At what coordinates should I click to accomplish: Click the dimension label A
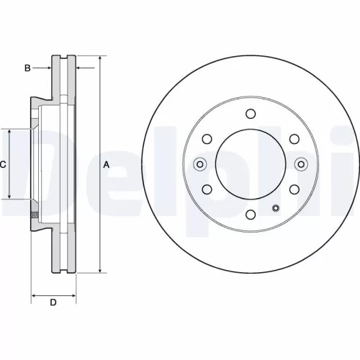click(107, 165)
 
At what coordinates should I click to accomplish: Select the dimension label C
click(3, 165)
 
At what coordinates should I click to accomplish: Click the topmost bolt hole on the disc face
click(250, 114)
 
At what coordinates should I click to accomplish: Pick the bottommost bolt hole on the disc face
click(250, 215)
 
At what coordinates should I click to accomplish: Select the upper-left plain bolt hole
click(207, 139)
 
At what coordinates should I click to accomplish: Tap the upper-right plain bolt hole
click(294, 139)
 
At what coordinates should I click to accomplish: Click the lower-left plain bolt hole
click(207, 189)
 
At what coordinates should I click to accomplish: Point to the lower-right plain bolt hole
click(294, 189)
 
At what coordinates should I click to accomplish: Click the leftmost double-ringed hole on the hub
click(200, 164)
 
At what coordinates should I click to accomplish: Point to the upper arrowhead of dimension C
click(9, 132)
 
